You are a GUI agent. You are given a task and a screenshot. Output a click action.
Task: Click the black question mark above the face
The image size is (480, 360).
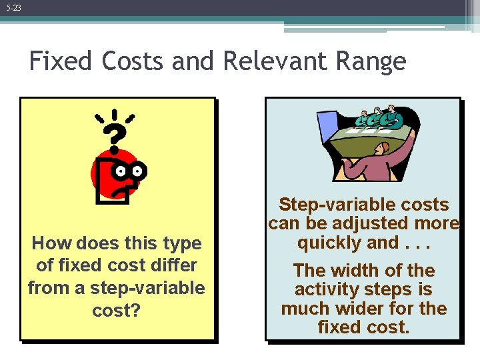tap(115, 137)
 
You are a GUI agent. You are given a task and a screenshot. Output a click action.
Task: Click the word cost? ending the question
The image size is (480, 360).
tap(117, 311)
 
